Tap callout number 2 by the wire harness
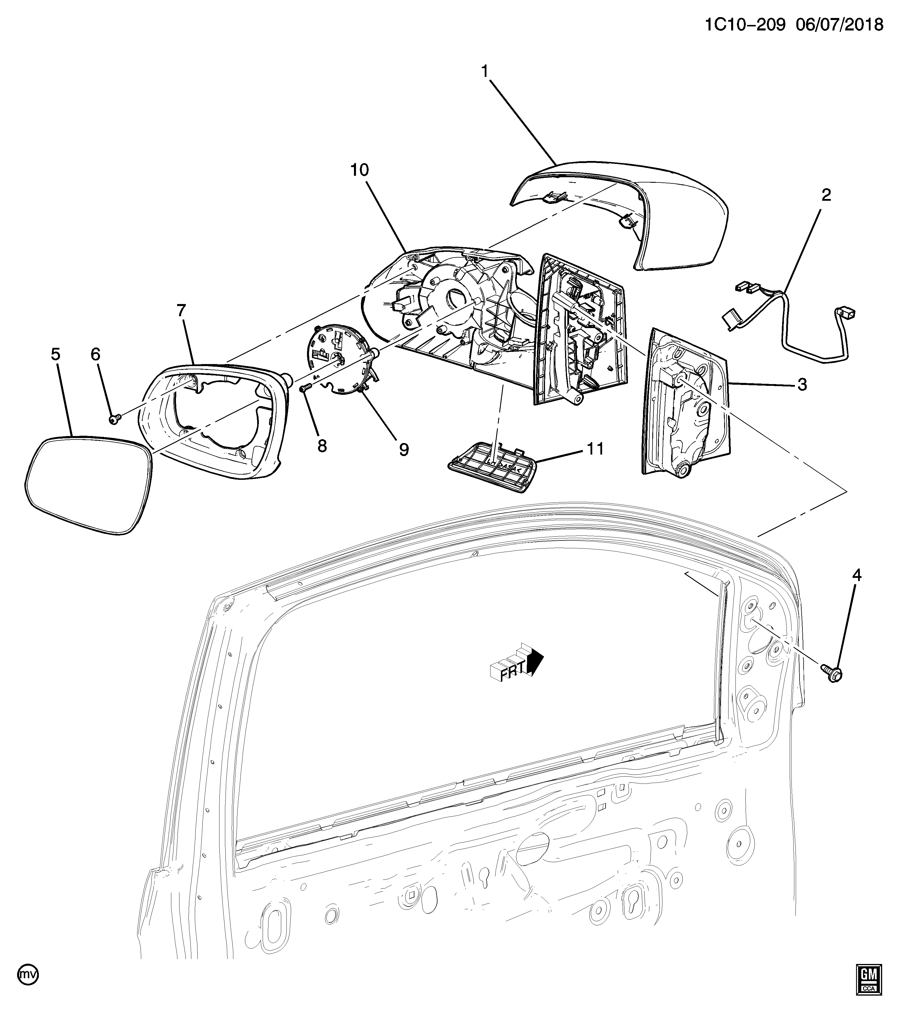[x=826, y=195]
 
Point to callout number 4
[x=856, y=575]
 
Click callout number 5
[x=55, y=354]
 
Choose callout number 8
[x=322, y=446]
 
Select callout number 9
[x=404, y=450]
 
